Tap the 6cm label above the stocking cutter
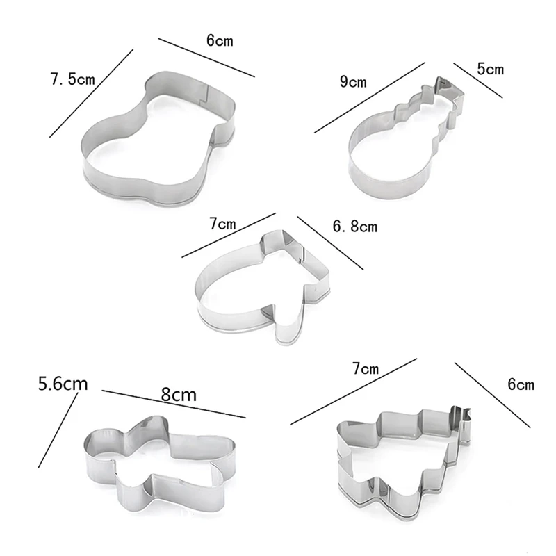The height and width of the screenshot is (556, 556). (x=220, y=40)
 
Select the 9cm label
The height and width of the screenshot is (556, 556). (x=353, y=83)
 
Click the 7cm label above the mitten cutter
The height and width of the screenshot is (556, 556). (x=222, y=224)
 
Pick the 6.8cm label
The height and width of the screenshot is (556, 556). (x=354, y=227)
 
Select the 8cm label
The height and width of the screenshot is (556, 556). (x=179, y=395)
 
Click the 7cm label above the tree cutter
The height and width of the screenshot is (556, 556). (x=365, y=368)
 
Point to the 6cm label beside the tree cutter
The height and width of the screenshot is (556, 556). (x=521, y=384)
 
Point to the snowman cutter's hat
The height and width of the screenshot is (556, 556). (x=445, y=90)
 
